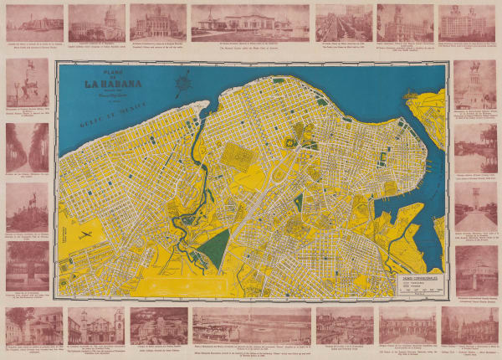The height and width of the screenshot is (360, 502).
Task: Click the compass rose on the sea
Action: (x=182, y=82)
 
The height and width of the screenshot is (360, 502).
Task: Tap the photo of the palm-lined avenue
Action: (x=27, y=148)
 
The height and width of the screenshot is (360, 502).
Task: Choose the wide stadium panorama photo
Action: (x=250, y=325)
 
